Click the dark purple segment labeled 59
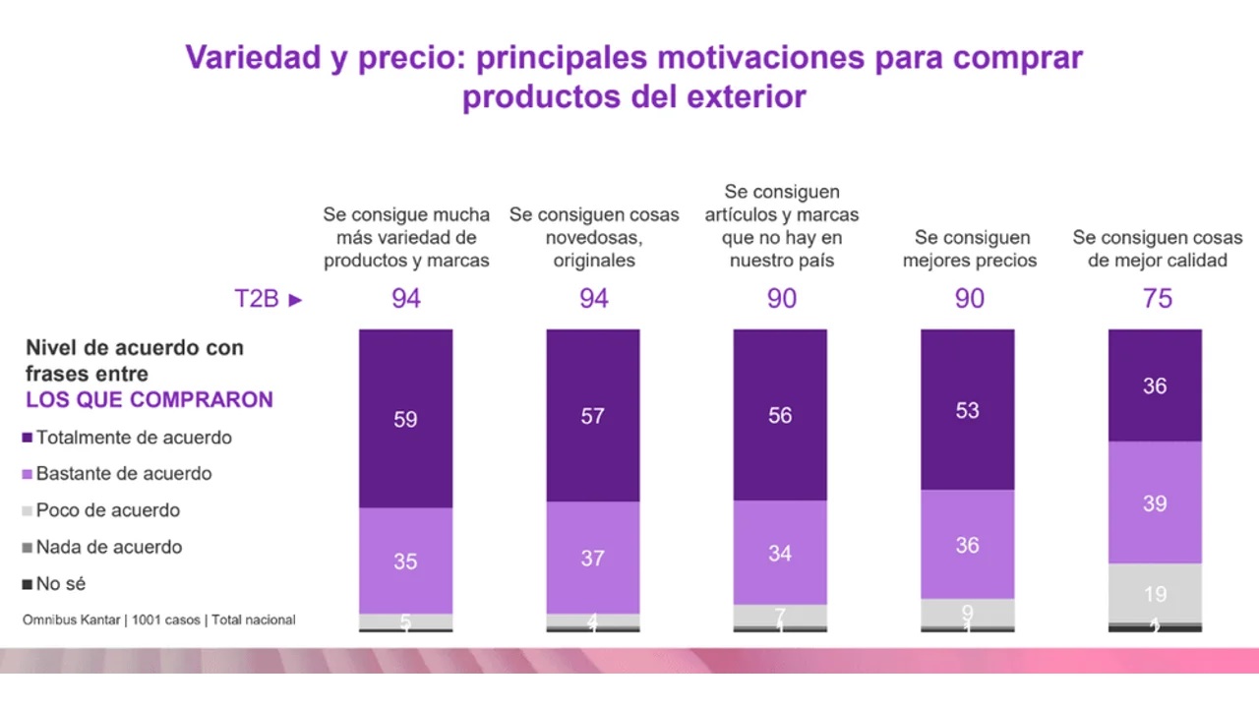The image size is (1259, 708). click(405, 419)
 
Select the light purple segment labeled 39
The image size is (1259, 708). click(1155, 502)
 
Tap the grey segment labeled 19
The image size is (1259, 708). click(1155, 593)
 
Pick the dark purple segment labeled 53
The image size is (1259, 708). click(967, 410)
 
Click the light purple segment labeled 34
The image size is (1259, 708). click(780, 553)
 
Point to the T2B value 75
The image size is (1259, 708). click(1158, 299)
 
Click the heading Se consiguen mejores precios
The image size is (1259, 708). click(970, 249)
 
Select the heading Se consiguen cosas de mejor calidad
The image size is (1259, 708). click(1158, 249)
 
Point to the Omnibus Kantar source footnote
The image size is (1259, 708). click(159, 620)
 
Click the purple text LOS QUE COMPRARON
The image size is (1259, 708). click(150, 399)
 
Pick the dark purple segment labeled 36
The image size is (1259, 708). click(1155, 386)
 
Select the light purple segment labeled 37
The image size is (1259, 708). click(593, 558)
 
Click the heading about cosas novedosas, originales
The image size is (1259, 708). click(594, 237)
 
